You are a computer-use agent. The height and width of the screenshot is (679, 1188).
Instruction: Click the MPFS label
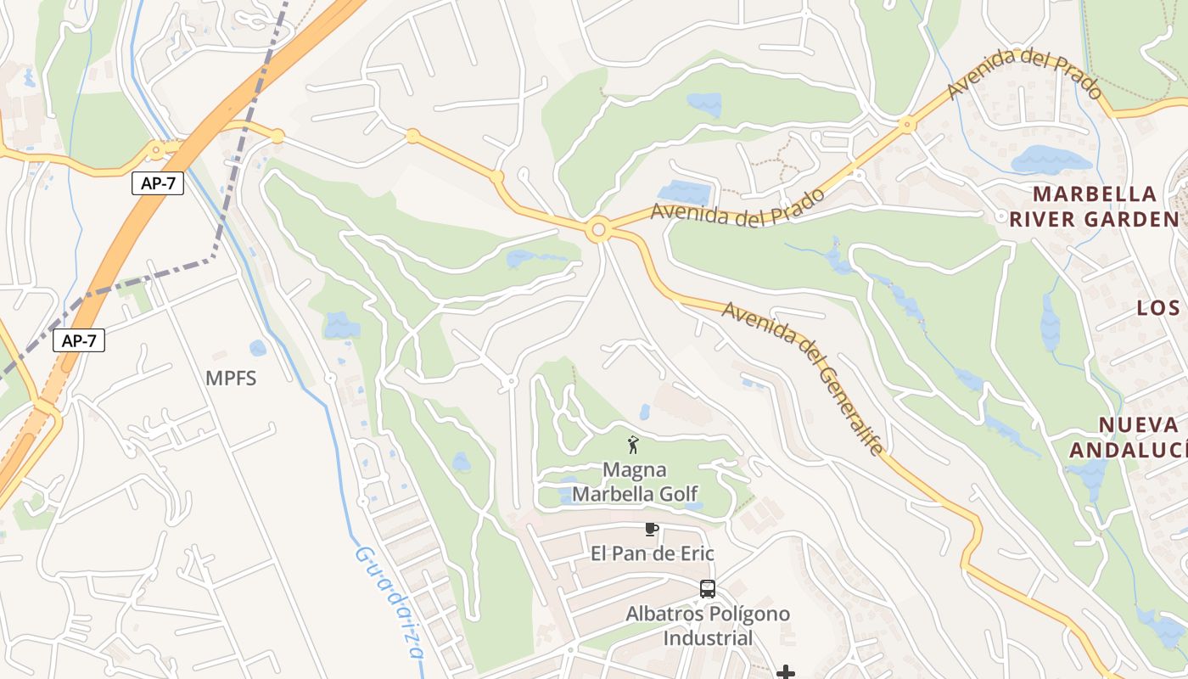231,379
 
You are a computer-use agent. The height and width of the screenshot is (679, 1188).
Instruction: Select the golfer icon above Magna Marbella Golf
632,444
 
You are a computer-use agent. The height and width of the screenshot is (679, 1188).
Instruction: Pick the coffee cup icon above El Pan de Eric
651,530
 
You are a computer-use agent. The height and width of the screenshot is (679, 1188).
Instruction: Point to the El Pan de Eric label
652,554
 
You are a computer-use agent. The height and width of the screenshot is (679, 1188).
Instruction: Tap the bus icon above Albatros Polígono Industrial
707,588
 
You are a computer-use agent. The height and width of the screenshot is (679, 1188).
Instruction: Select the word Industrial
708,638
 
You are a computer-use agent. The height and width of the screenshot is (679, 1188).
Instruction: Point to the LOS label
1158,308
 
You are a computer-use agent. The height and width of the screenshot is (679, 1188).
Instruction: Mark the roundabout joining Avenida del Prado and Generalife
599,230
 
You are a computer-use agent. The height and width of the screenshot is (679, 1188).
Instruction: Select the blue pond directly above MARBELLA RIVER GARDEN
1050,160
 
